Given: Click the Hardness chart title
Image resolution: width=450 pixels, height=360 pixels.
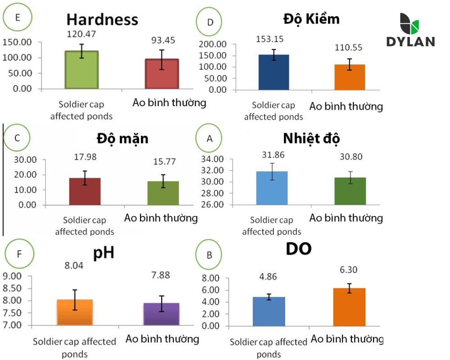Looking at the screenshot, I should [x=102, y=20].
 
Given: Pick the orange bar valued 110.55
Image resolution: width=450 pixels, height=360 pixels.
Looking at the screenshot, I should [x=349, y=77].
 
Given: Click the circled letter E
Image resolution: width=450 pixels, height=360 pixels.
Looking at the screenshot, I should [x=18, y=18].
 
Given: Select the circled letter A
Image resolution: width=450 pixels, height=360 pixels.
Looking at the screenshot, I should [x=209, y=139].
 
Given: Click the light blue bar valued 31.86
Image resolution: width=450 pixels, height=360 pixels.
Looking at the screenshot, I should [x=272, y=188].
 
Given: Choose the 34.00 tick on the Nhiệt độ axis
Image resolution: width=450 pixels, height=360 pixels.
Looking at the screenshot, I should [x=213, y=159].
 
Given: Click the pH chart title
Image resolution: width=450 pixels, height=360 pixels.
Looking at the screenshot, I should [x=103, y=253].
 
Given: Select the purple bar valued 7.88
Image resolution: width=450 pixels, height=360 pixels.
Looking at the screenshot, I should [x=162, y=314].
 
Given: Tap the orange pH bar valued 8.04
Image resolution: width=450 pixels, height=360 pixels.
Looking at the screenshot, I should [x=75, y=312].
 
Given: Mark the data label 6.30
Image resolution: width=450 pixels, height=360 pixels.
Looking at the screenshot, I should [x=349, y=270].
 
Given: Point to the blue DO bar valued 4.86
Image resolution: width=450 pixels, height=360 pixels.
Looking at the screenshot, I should [x=269, y=311].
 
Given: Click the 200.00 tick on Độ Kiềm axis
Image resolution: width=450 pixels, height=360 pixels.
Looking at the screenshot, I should [x=213, y=45].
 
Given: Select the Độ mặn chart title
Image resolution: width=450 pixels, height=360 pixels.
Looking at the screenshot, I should [x=122, y=138].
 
